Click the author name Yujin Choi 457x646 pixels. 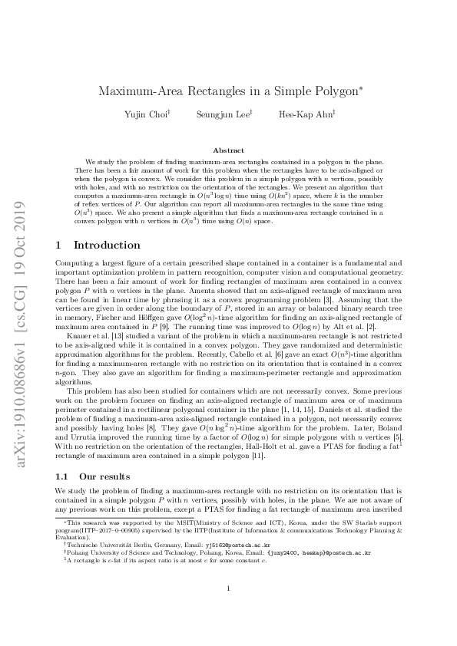point(146,114)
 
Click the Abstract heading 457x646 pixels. point(228,150)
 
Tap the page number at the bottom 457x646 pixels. point(228,610)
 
